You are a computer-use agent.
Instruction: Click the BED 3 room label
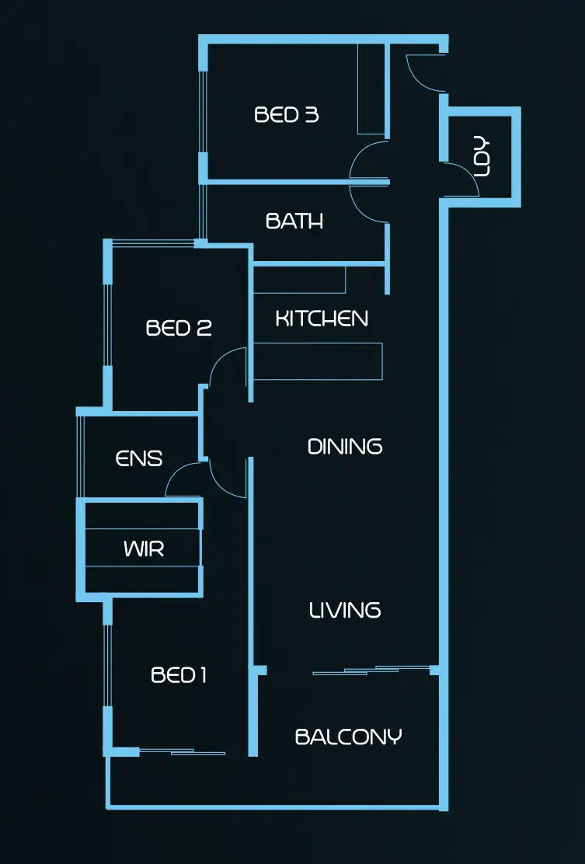click(287, 115)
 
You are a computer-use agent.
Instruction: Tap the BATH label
click(294, 221)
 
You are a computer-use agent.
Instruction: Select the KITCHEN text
click(322, 318)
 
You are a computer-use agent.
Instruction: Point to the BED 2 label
click(179, 328)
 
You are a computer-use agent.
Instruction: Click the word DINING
click(345, 447)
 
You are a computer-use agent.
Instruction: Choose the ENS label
click(139, 459)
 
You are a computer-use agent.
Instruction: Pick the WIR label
click(144, 549)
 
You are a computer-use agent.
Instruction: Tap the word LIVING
click(345, 610)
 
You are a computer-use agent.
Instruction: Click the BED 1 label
click(179, 675)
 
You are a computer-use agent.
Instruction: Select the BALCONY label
click(349, 736)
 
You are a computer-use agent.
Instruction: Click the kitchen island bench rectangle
click(318, 361)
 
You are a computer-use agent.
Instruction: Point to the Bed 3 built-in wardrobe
click(371, 89)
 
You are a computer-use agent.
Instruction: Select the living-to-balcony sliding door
click(371, 670)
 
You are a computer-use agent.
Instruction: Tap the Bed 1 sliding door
click(182, 751)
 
